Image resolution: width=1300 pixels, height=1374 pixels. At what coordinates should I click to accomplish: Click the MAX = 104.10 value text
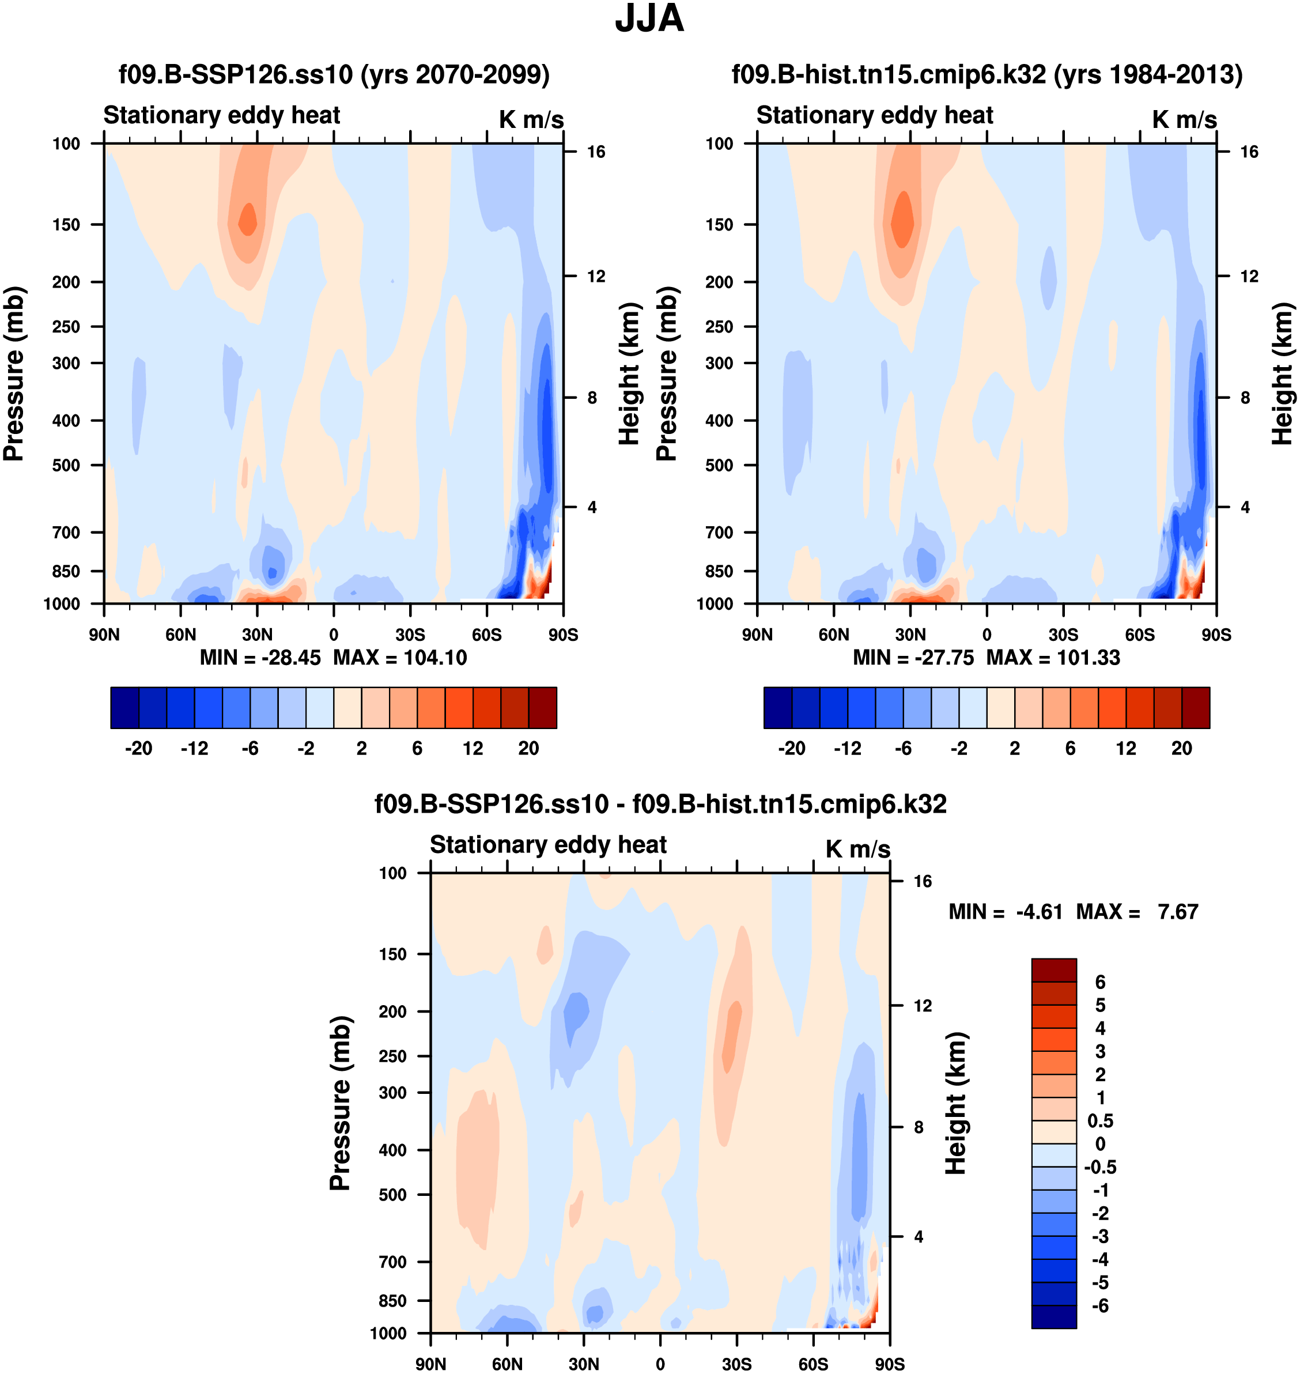pos(400,657)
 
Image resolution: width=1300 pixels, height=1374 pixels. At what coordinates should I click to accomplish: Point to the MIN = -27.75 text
pos(913,657)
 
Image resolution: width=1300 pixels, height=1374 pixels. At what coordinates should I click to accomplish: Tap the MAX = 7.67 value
pos(1136,912)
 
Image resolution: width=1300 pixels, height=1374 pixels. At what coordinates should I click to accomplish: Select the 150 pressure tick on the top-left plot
pos(66,225)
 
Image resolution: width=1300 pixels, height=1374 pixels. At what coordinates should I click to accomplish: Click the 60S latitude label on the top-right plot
pos(1139,635)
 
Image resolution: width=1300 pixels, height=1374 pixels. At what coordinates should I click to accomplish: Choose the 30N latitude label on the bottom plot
pos(584,1364)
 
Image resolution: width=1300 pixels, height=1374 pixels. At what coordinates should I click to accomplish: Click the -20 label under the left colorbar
pos(139,749)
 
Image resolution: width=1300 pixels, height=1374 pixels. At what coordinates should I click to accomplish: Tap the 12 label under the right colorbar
pos(1126,749)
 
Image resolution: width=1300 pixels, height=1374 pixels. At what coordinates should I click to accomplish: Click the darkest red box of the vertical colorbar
pos(1054,970)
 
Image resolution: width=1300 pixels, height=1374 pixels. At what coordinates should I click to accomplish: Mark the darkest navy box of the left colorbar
pos(124,708)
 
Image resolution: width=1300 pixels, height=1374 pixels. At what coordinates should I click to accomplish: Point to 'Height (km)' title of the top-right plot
pos(1283,375)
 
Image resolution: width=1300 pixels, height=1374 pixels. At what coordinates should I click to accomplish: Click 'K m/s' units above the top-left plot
pos(531,120)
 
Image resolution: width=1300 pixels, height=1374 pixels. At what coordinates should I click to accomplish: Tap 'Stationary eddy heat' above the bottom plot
pos(548,844)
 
